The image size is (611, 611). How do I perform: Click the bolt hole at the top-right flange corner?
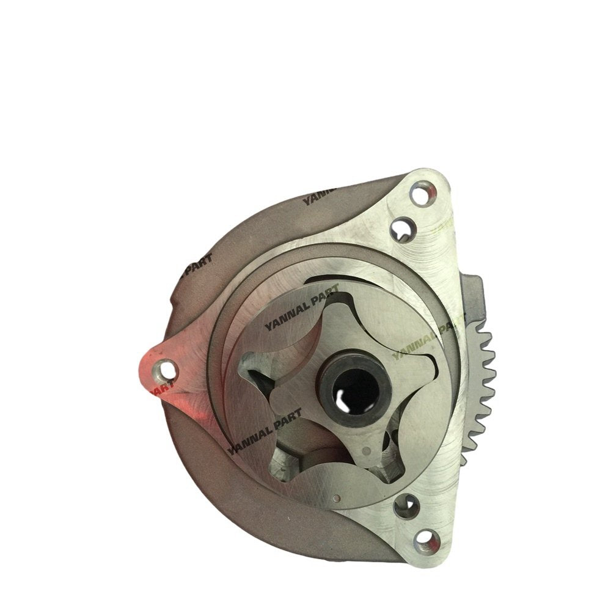coord(419,196)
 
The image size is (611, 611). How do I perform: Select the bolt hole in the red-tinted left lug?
coord(163,368)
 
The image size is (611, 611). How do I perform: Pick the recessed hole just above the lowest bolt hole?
coord(406,505)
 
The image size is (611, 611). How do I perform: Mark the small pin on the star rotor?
coord(365,450)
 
